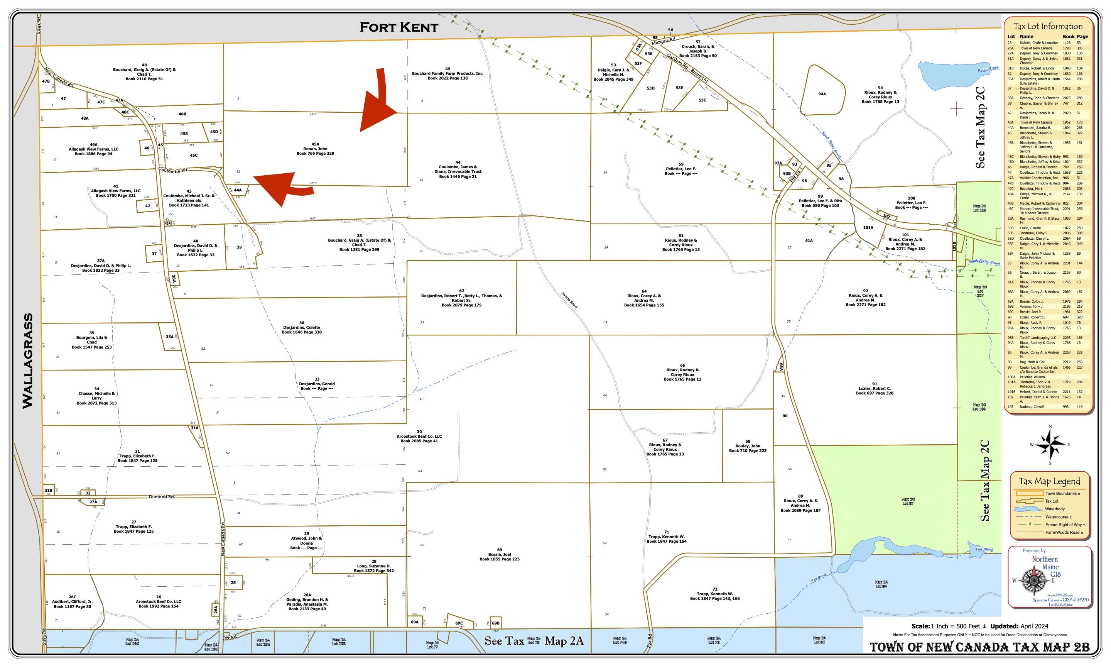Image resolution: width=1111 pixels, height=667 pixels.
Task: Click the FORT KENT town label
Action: tap(398, 27)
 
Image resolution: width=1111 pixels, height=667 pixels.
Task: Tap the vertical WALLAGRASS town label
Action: tap(28, 361)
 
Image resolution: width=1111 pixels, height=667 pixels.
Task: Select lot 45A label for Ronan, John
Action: tap(315, 149)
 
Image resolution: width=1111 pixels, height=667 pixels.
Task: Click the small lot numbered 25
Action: tap(233, 582)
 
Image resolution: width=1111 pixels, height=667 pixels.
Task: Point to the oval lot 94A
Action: tap(822, 94)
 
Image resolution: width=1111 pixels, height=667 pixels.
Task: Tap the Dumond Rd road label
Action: tap(161, 497)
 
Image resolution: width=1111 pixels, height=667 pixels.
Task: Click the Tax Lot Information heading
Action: tap(1048, 27)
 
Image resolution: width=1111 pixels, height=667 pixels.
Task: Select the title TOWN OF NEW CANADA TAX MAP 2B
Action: tap(979, 647)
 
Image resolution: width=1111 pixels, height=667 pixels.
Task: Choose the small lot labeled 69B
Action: tap(495, 623)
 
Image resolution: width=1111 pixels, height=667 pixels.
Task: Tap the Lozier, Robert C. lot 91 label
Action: tap(875, 389)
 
